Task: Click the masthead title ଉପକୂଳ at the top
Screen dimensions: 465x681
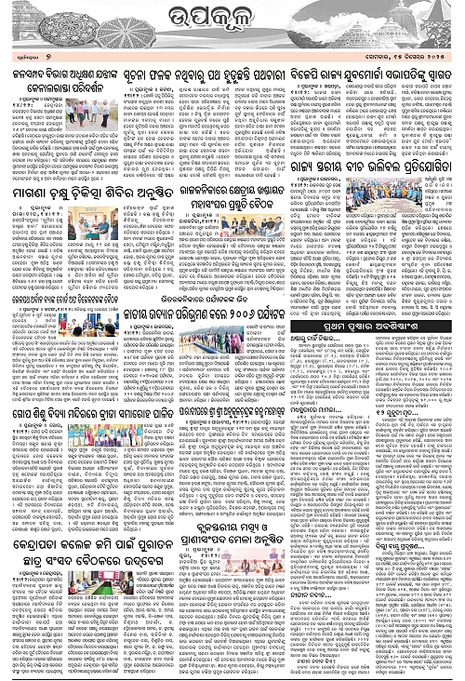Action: point(232,18)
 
